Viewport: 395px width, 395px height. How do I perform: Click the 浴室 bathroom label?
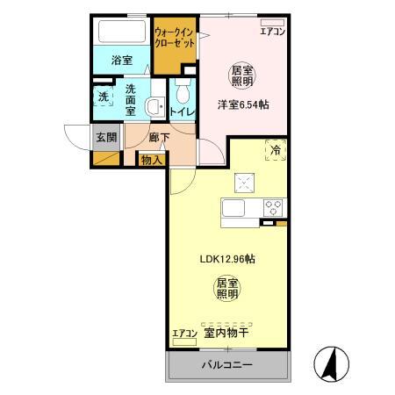click(x=122, y=61)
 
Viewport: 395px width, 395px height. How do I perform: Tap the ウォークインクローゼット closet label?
click(x=176, y=38)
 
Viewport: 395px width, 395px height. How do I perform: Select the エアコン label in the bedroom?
click(x=273, y=32)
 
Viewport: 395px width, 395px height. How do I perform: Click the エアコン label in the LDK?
click(x=184, y=333)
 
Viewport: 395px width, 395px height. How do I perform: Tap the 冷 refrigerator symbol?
click(x=275, y=150)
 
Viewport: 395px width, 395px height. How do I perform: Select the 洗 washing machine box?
click(x=104, y=97)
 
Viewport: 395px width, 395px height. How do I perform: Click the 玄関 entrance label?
click(x=106, y=137)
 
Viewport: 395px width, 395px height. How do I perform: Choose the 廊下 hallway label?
click(x=159, y=137)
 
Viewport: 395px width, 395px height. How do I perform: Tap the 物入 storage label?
click(x=152, y=159)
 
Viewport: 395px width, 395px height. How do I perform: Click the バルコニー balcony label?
click(x=226, y=364)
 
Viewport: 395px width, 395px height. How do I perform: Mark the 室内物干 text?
click(x=226, y=333)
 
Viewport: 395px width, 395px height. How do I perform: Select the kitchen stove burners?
click(x=273, y=209)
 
